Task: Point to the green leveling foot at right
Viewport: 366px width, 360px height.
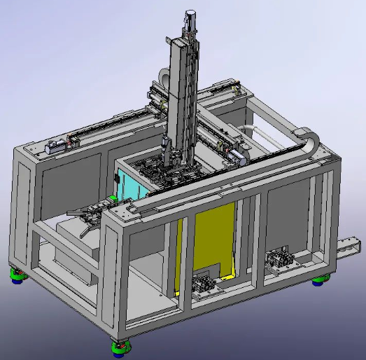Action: pyautogui.click(x=320, y=280)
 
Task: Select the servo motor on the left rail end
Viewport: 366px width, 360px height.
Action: pyautogui.click(x=56, y=148)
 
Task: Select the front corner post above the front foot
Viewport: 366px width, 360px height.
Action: pyautogui.click(x=116, y=280)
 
